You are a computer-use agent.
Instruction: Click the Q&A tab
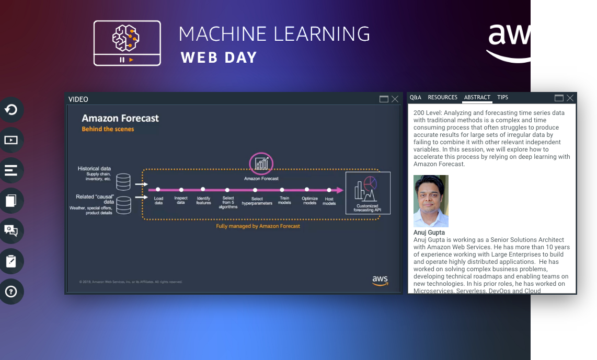(416, 98)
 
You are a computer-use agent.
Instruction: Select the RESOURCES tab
(442, 98)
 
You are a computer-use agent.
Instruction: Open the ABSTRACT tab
(477, 98)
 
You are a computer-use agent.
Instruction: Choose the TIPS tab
(502, 98)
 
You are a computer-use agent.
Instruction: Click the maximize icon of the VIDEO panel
(384, 99)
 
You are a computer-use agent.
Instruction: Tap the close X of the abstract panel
(570, 98)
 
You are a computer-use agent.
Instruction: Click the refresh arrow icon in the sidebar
(11, 110)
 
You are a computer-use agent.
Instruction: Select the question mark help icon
(11, 292)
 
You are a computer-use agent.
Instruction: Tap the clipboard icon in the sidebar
(11, 261)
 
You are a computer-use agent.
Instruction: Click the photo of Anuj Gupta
(431, 201)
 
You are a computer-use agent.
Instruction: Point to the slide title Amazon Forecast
(120, 119)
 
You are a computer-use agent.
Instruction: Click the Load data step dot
(158, 190)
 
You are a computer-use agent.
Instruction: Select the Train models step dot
(282, 190)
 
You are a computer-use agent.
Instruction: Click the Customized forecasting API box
(368, 193)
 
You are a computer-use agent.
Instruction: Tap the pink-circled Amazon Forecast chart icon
(261, 164)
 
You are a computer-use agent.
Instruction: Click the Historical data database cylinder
(123, 181)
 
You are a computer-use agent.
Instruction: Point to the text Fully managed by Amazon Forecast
(258, 226)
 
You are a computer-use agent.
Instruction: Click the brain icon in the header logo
(127, 37)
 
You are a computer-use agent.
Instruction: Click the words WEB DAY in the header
(219, 57)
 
